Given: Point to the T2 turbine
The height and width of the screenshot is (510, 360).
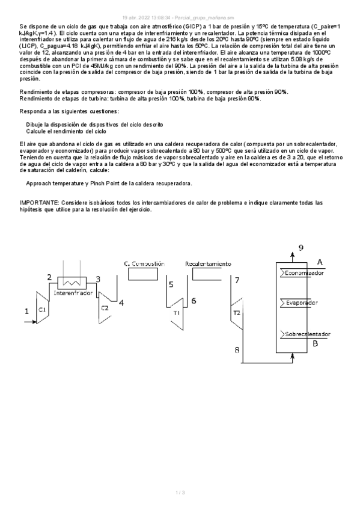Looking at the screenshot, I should pos(236,313).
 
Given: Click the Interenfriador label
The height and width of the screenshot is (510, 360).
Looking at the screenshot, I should pos(73,293).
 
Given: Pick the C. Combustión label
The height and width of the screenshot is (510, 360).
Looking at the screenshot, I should pos(144,263).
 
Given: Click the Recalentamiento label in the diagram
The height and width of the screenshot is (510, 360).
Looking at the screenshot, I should pos(208,263).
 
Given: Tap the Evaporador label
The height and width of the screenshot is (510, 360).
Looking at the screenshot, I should pos(302,303).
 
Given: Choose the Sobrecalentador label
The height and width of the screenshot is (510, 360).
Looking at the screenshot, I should pos(307,334).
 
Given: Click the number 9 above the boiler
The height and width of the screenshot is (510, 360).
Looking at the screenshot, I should pos(301,247).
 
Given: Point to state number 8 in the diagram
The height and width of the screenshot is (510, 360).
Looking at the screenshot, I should pos(236,349).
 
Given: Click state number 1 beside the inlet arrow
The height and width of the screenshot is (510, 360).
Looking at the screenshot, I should pos(26,311).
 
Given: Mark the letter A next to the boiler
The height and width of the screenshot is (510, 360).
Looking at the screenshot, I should pos(320,262).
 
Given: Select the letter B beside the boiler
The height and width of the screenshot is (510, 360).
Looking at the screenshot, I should pos(316,344).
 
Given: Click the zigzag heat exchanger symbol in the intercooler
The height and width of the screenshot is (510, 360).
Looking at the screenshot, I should pos(73,281).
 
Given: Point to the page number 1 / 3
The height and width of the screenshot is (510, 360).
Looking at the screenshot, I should pos(180,493).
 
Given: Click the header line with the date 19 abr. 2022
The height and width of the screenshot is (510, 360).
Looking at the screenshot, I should pos(180,17).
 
